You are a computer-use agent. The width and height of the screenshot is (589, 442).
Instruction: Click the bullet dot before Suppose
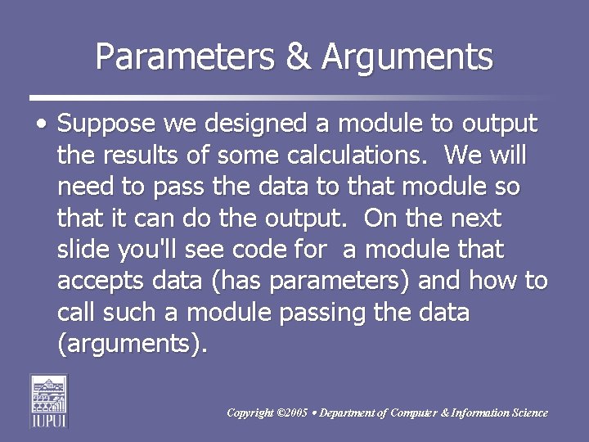pos(41,126)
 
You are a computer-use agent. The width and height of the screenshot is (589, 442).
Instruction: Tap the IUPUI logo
pos(48,400)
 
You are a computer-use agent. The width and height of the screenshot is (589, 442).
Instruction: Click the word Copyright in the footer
pos(251,413)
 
